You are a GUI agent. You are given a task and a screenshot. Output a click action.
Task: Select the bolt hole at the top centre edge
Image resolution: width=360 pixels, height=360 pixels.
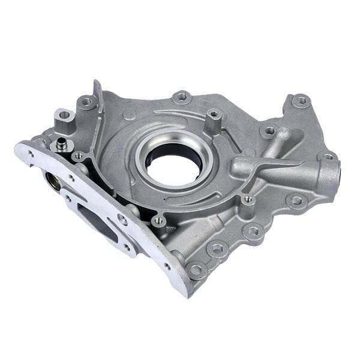click(x=182, y=97)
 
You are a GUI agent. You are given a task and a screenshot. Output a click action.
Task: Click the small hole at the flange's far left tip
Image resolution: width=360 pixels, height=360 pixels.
click(x=28, y=154)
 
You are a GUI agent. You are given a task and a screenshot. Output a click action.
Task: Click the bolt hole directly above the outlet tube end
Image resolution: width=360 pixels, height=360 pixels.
click(x=328, y=157)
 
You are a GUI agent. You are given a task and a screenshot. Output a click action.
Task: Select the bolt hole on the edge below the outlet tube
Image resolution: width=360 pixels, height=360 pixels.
click(x=295, y=201)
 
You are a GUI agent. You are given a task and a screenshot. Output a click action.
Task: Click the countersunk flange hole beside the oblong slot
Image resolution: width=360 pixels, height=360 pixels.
click(x=122, y=220)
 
